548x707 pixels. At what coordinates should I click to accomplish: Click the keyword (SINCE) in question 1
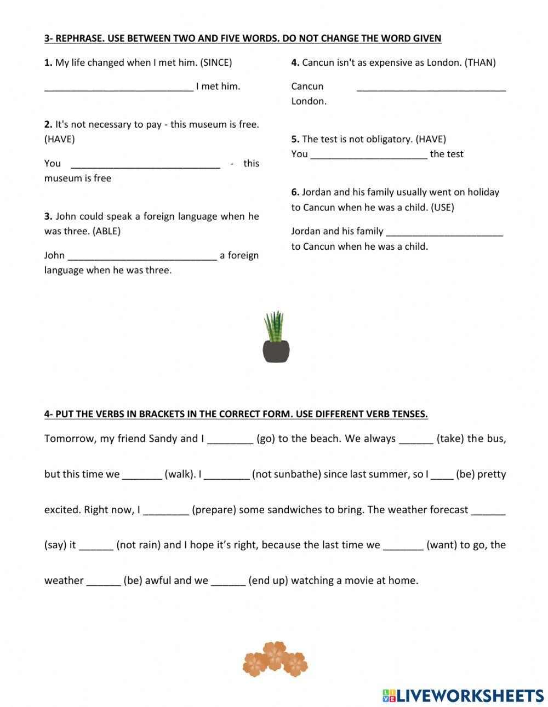[x=216, y=62]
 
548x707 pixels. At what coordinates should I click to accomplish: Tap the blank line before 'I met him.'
[x=118, y=87]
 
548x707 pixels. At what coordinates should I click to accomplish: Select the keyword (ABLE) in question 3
[x=106, y=231]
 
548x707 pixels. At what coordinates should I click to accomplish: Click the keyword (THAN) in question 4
[x=480, y=62]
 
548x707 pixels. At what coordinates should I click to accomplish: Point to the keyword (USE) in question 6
[x=442, y=207]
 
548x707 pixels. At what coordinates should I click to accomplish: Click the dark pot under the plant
[x=276, y=351]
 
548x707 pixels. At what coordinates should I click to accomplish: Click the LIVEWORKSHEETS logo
[x=463, y=695]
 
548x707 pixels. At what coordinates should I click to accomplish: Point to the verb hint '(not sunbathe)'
[x=286, y=474]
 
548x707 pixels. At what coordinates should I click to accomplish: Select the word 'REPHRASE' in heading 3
[x=79, y=38]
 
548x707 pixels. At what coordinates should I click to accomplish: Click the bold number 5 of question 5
[x=295, y=139]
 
